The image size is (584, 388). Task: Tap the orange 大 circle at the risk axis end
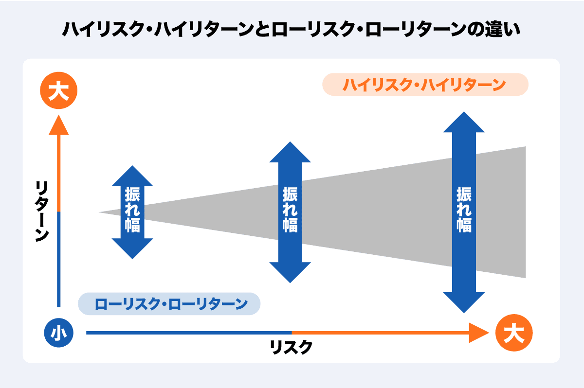click(514, 334)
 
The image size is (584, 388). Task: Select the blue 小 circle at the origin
click(59, 334)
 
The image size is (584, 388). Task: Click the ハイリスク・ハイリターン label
click(425, 85)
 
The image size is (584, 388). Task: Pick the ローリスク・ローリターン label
click(169, 304)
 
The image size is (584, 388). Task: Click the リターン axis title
click(42, 210)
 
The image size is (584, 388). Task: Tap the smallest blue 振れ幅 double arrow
click(132, 212)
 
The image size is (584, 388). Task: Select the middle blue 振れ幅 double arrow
click(290, 212)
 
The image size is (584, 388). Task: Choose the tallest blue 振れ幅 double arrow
click(464, 212)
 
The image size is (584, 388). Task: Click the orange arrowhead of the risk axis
click(478, 333)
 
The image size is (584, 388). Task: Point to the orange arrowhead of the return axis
click(59, 125)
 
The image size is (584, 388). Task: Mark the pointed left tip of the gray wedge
click(100, 212)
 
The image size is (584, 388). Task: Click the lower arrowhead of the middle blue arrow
click(290, 272)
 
